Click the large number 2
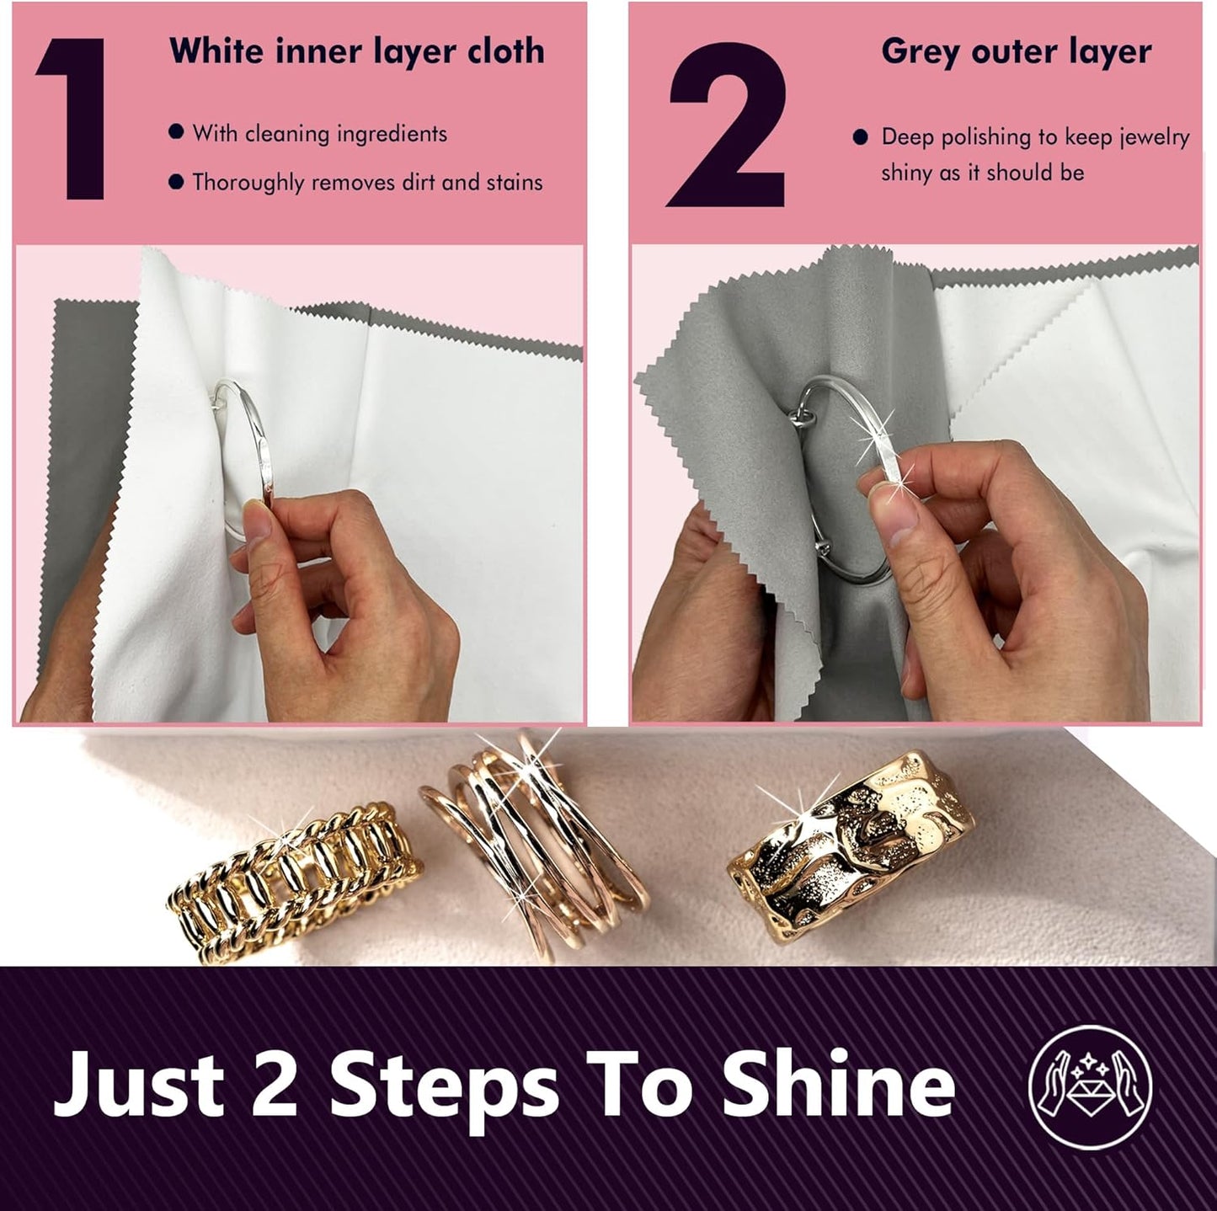pyautogui.click(x=726, y=125)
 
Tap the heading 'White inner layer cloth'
pyautogui.click(x=356, y=51)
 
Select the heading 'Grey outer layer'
pyautogui.click(x=1016, y=52)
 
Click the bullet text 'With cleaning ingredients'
pyautogui.click(x=319, y=134)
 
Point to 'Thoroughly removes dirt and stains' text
pyautogui.click(x=367, y=183)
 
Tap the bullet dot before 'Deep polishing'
pyautogui.click(x=860, y=137)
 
